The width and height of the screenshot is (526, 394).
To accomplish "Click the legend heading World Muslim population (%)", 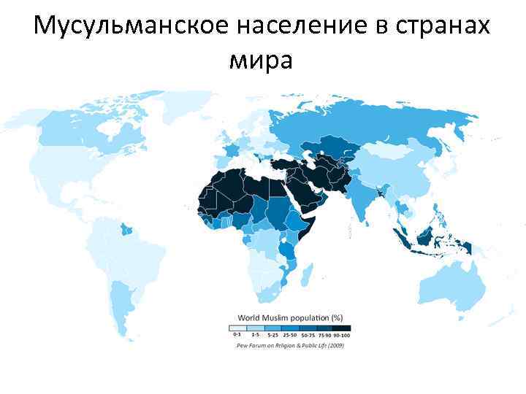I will point(291,317).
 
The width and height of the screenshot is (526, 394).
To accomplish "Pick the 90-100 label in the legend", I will point(342,335).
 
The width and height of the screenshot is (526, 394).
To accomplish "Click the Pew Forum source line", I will point(290,344).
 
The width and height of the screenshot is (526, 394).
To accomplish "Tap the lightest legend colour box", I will point(238,327).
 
